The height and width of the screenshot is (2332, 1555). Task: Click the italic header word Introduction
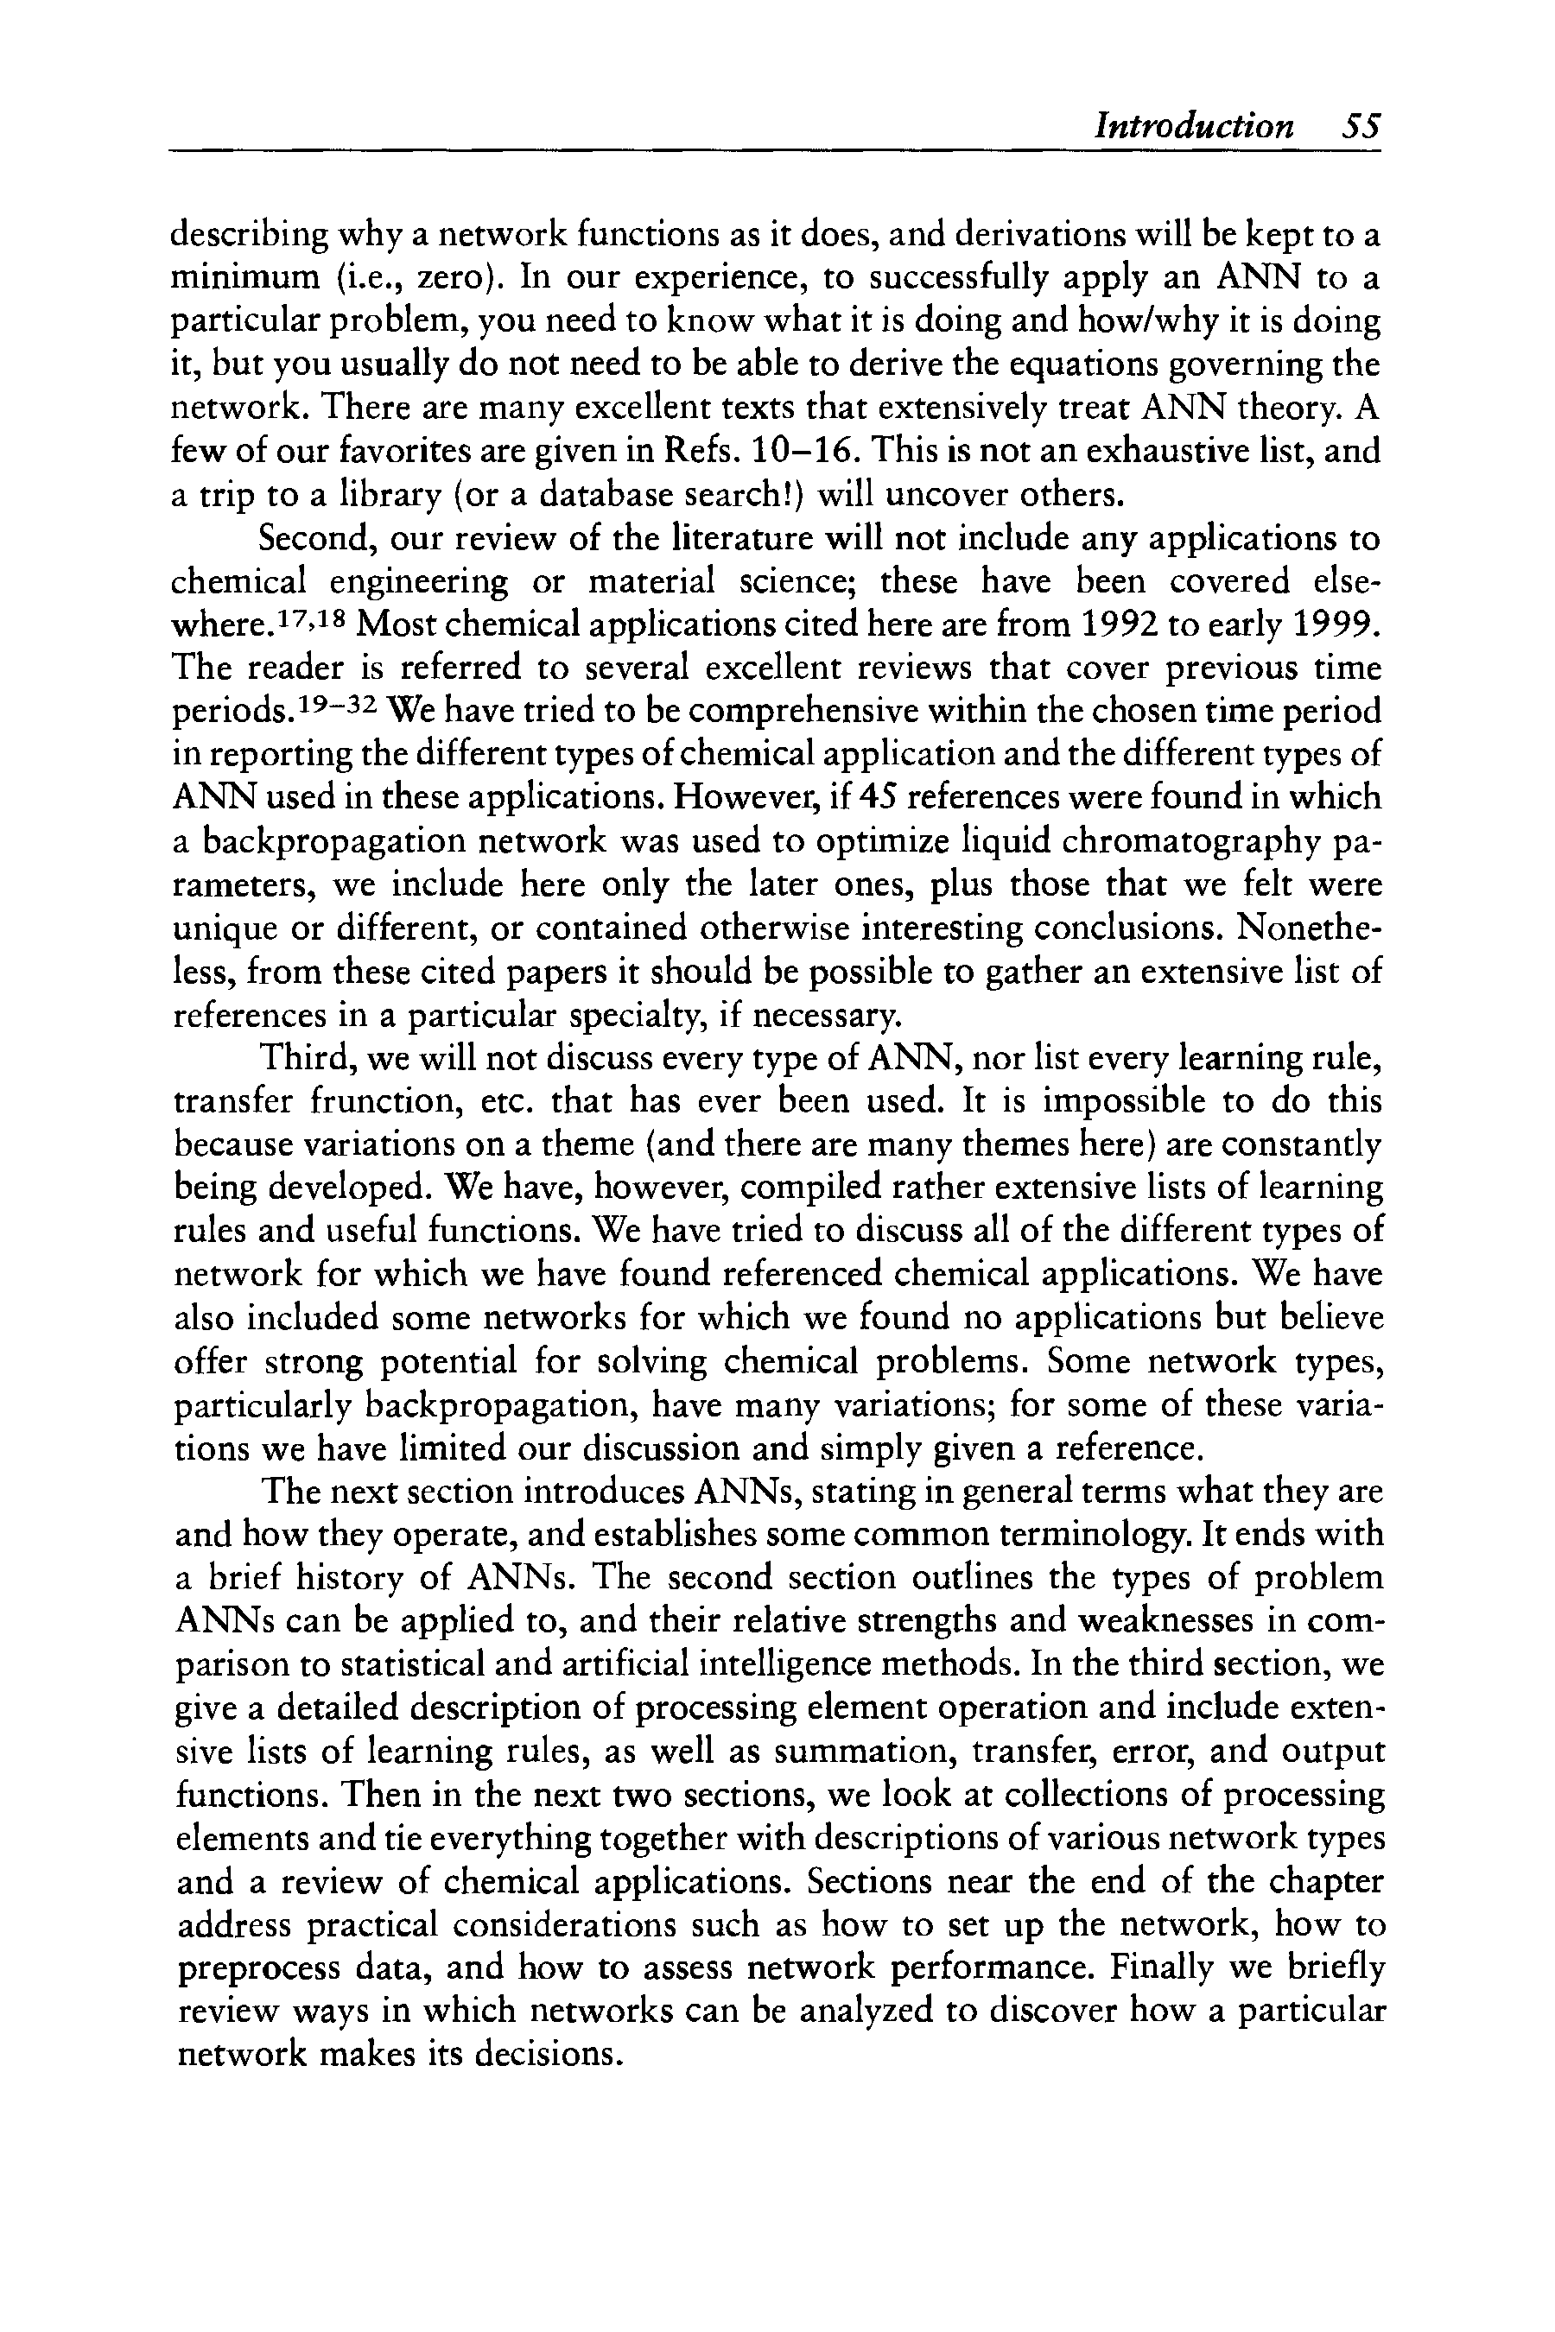point(1193,127)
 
